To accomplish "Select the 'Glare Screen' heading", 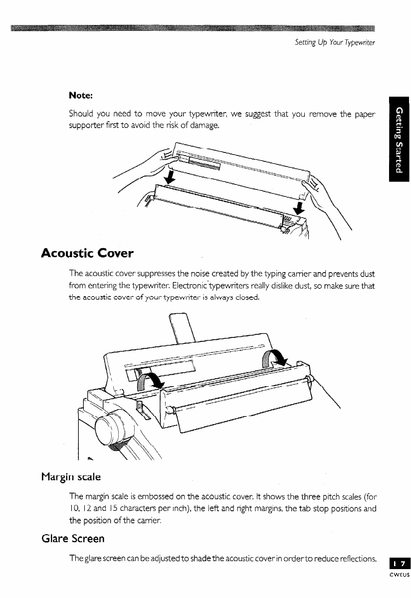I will click(x=73, y=538).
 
